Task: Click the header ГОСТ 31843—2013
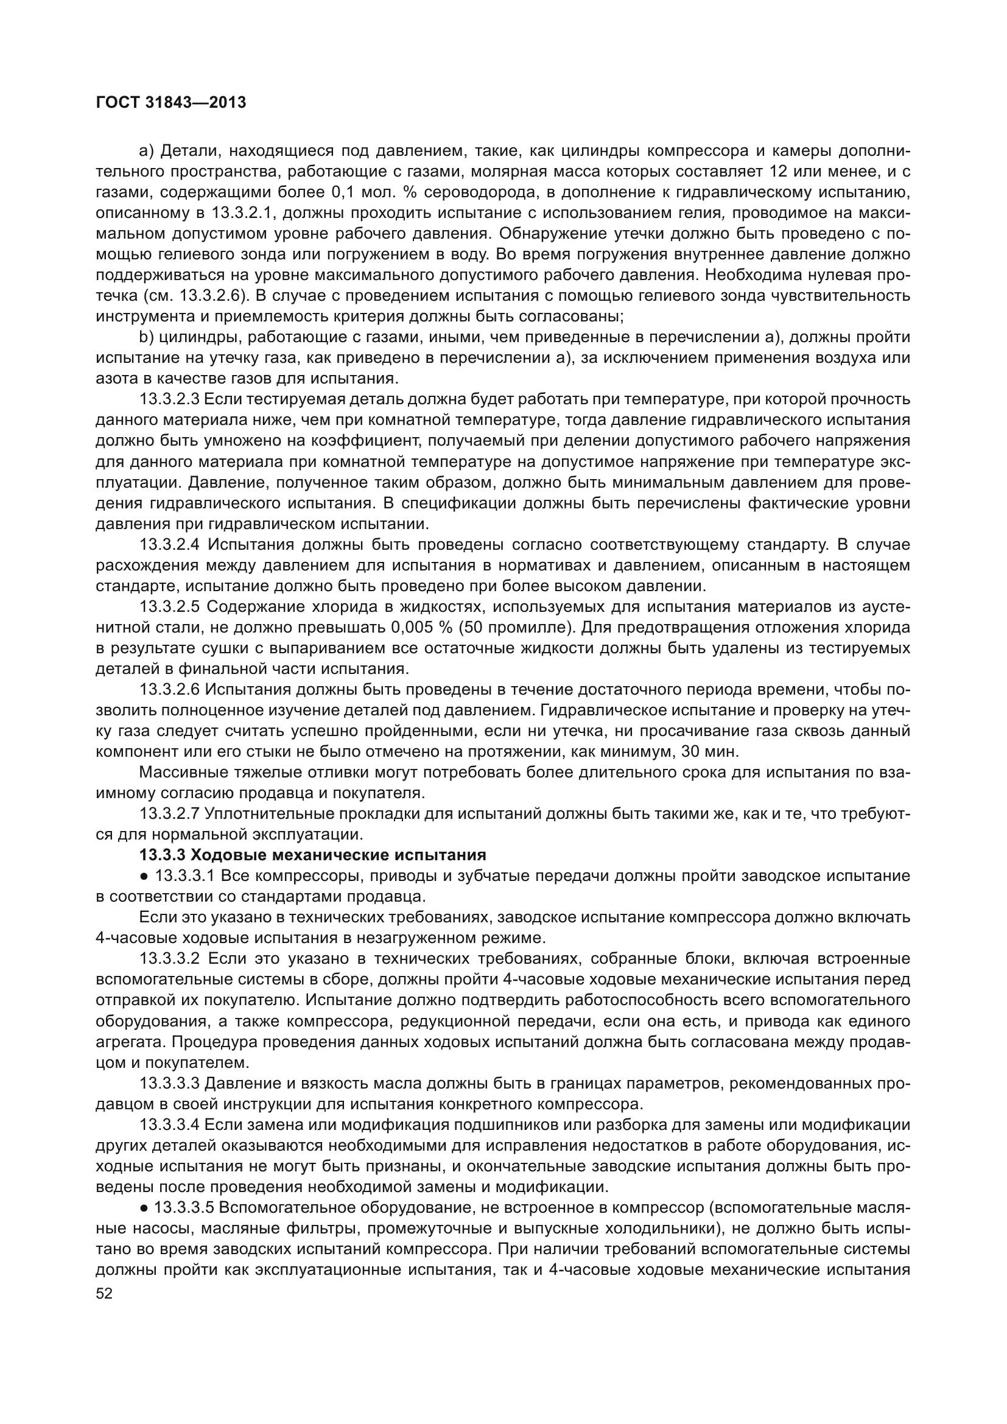171,102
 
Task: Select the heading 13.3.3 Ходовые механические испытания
312,855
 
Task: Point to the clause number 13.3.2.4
169,544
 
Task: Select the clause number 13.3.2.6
169,689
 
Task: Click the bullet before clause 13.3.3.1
143,876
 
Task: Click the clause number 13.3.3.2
169,958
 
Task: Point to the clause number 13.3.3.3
169,1083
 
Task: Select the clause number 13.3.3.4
169,1124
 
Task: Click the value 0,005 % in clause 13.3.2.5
421,627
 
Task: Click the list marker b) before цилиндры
146,337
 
